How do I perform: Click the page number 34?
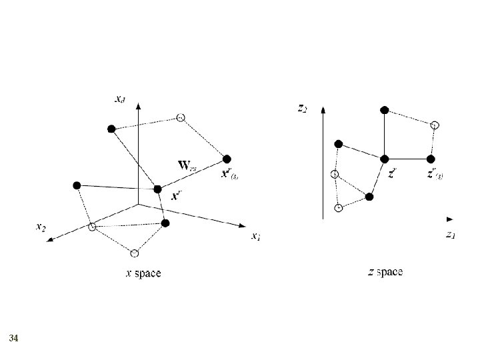[13, 339]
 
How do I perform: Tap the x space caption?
[143, 273]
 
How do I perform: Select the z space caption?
[385, 272]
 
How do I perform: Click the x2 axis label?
[41, 227]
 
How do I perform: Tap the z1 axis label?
[451, 234]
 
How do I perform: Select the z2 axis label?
[302, 107]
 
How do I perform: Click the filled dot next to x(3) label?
[227, 158]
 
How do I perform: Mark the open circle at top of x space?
[181, 118]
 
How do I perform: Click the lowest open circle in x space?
[135, 253]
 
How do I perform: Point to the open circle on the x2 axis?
[93, 227]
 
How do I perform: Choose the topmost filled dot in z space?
[383, 109]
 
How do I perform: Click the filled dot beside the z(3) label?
[431, 159]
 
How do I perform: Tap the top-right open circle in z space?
[435, 125]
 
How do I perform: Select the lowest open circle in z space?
[339, 208]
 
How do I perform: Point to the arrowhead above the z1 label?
[450, 219]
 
